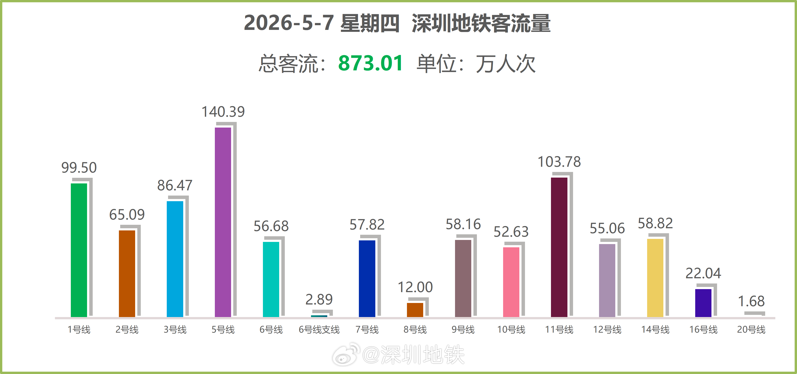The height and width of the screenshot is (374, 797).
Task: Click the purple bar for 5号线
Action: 223,222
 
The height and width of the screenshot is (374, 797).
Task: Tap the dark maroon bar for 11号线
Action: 559,247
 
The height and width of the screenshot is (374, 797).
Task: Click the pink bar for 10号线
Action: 511,282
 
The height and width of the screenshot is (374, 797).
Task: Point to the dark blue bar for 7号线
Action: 367,279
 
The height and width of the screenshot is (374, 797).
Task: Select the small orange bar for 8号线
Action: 415,310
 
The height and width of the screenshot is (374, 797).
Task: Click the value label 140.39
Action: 223,112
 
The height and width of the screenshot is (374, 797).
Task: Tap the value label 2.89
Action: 319,300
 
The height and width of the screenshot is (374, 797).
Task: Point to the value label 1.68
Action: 751,301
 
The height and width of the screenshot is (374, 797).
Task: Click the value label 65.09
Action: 127,215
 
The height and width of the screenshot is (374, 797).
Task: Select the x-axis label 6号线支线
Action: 319,329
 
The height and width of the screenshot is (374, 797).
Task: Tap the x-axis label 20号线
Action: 751,329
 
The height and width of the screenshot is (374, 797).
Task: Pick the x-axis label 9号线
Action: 463,329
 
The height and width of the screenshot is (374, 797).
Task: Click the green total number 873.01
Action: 370,63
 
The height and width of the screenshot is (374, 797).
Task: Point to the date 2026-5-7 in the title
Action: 289,23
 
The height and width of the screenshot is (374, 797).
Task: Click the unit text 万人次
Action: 505,64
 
